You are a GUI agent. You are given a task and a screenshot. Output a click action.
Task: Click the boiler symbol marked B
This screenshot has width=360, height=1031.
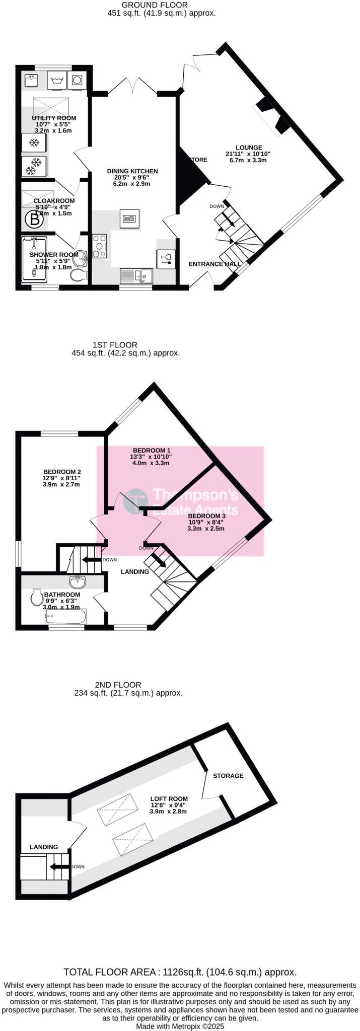34,219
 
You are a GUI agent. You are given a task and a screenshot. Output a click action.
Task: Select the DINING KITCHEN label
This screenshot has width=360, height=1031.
132,171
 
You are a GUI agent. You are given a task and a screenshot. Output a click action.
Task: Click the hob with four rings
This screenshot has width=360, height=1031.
100,247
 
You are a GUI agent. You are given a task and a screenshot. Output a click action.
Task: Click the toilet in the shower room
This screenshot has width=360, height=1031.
79,275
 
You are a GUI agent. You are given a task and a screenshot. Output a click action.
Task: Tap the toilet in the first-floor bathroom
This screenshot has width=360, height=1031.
37,597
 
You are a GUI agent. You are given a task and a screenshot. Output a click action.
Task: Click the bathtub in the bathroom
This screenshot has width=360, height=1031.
66,617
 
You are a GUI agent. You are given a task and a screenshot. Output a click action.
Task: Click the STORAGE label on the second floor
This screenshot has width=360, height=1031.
228,776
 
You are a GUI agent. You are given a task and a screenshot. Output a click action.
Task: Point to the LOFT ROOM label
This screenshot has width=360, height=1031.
169,798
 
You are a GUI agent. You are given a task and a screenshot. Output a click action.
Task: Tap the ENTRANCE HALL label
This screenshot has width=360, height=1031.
214,264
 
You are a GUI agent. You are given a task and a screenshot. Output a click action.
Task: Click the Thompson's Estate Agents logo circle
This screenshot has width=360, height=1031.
136,501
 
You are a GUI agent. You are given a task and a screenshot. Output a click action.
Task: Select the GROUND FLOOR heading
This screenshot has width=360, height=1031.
162,5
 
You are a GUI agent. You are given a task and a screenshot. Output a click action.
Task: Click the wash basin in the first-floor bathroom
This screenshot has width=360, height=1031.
78,582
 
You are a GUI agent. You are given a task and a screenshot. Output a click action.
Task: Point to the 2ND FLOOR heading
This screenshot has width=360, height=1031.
118,685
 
